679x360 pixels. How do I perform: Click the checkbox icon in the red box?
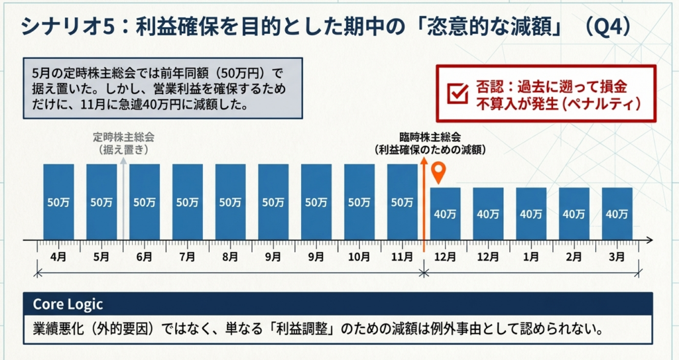[x=458, y=93]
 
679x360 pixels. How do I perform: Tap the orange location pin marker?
[x=438, y=173]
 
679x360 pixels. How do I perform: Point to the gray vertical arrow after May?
[x=123, y=199]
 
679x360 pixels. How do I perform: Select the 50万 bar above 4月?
[x=58, y=202]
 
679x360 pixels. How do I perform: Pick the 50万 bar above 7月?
[x=187, y=202]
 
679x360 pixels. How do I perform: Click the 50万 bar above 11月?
[x=402, y=202]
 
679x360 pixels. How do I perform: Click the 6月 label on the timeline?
[x=144, y=256]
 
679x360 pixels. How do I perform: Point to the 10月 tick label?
[x=359, y=256]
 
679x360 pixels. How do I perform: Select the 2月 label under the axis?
[x=574, y=256]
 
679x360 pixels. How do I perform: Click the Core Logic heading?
[x=68, y=304]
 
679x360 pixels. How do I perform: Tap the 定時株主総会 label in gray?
[x=123, y=137]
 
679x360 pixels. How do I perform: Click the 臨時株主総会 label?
[x=430, y=137]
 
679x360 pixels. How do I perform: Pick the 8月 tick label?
[x=230, y=256]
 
